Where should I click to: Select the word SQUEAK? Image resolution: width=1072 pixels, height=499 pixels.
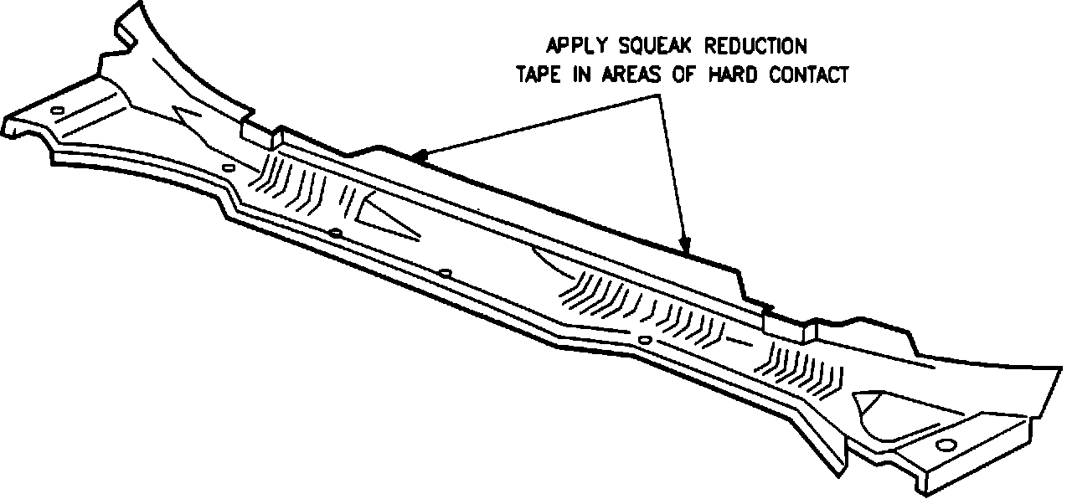[x=662, y=44]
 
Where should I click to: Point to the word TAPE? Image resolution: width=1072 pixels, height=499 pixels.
[x=537, y=75]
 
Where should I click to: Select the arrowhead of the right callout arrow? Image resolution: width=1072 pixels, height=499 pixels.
[x=686, y=248]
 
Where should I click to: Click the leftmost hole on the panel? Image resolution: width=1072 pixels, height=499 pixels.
[x=57, y=111]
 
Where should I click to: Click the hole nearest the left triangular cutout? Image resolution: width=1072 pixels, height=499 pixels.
[x=335, y=232]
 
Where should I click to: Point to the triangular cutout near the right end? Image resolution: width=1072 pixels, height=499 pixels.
[x=871, y=410]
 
